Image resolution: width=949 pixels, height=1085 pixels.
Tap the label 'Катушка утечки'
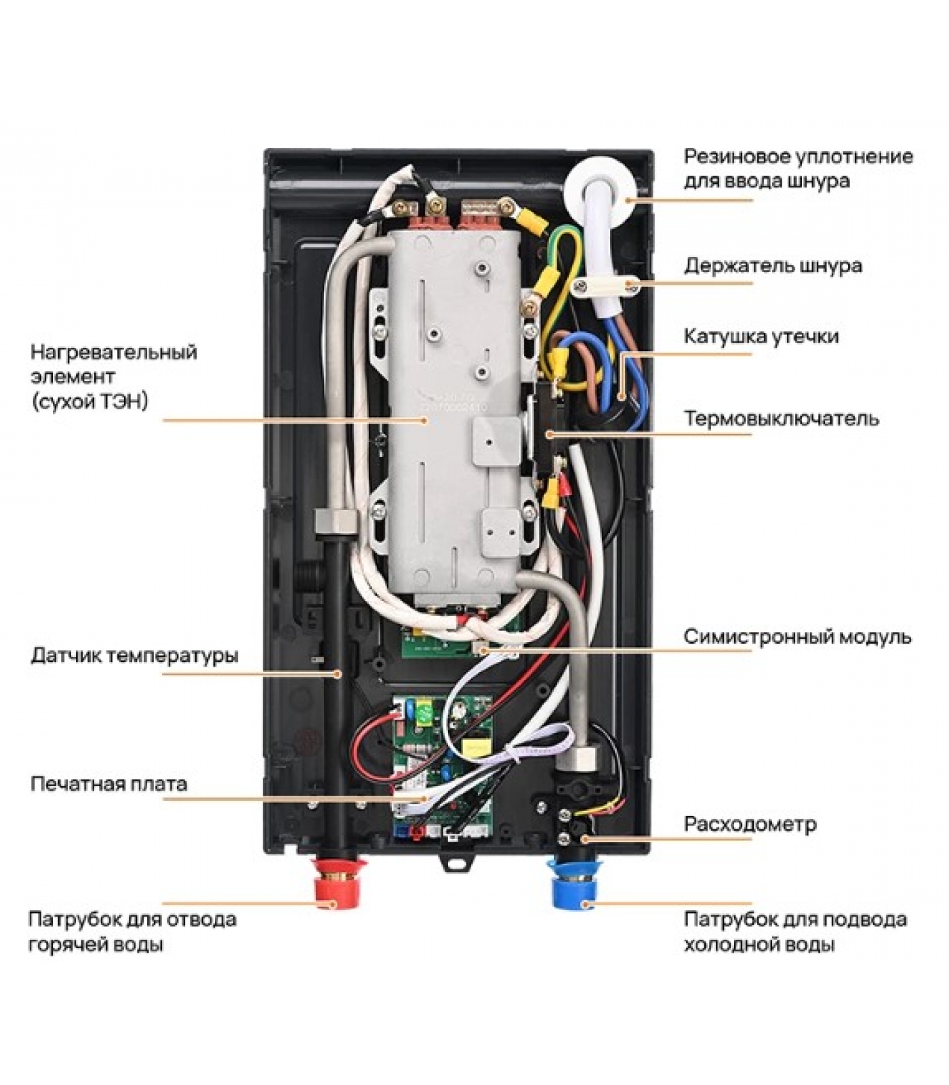click(761, 336)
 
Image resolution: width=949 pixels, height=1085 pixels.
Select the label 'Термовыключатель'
click(781, 418)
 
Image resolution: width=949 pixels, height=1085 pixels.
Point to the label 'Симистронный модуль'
click(797, 637)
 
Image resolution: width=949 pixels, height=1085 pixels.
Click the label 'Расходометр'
click(750, 825)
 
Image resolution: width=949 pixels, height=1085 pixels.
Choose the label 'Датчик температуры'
click(134, 656)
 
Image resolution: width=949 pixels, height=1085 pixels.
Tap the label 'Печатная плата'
click(108, 784)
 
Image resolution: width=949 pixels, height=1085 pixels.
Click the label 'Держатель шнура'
click(773, 265)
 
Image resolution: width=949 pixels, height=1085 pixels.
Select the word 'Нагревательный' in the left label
click(114, 352)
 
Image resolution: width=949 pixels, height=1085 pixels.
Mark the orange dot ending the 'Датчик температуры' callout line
click(337, 673)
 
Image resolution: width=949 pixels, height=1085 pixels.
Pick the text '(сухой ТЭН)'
click(89, 401)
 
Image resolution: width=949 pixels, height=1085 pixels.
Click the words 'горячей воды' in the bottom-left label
click(96, 944)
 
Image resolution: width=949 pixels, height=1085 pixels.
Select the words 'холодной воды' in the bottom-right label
click(759, 944)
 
